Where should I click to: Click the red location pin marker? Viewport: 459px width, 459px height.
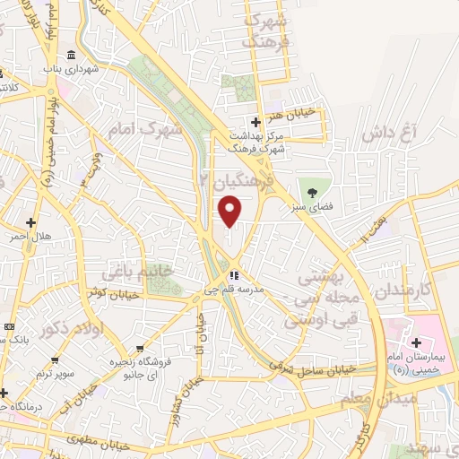230,212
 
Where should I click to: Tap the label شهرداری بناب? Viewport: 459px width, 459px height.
70,68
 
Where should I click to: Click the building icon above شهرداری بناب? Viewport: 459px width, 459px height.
71,54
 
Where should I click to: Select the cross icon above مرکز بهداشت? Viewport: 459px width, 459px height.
255,121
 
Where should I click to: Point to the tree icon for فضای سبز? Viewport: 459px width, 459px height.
312,190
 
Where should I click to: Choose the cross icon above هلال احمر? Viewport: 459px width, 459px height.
30,221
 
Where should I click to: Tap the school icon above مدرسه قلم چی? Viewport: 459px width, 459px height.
233,275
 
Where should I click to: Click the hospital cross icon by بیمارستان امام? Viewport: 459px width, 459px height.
416,342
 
